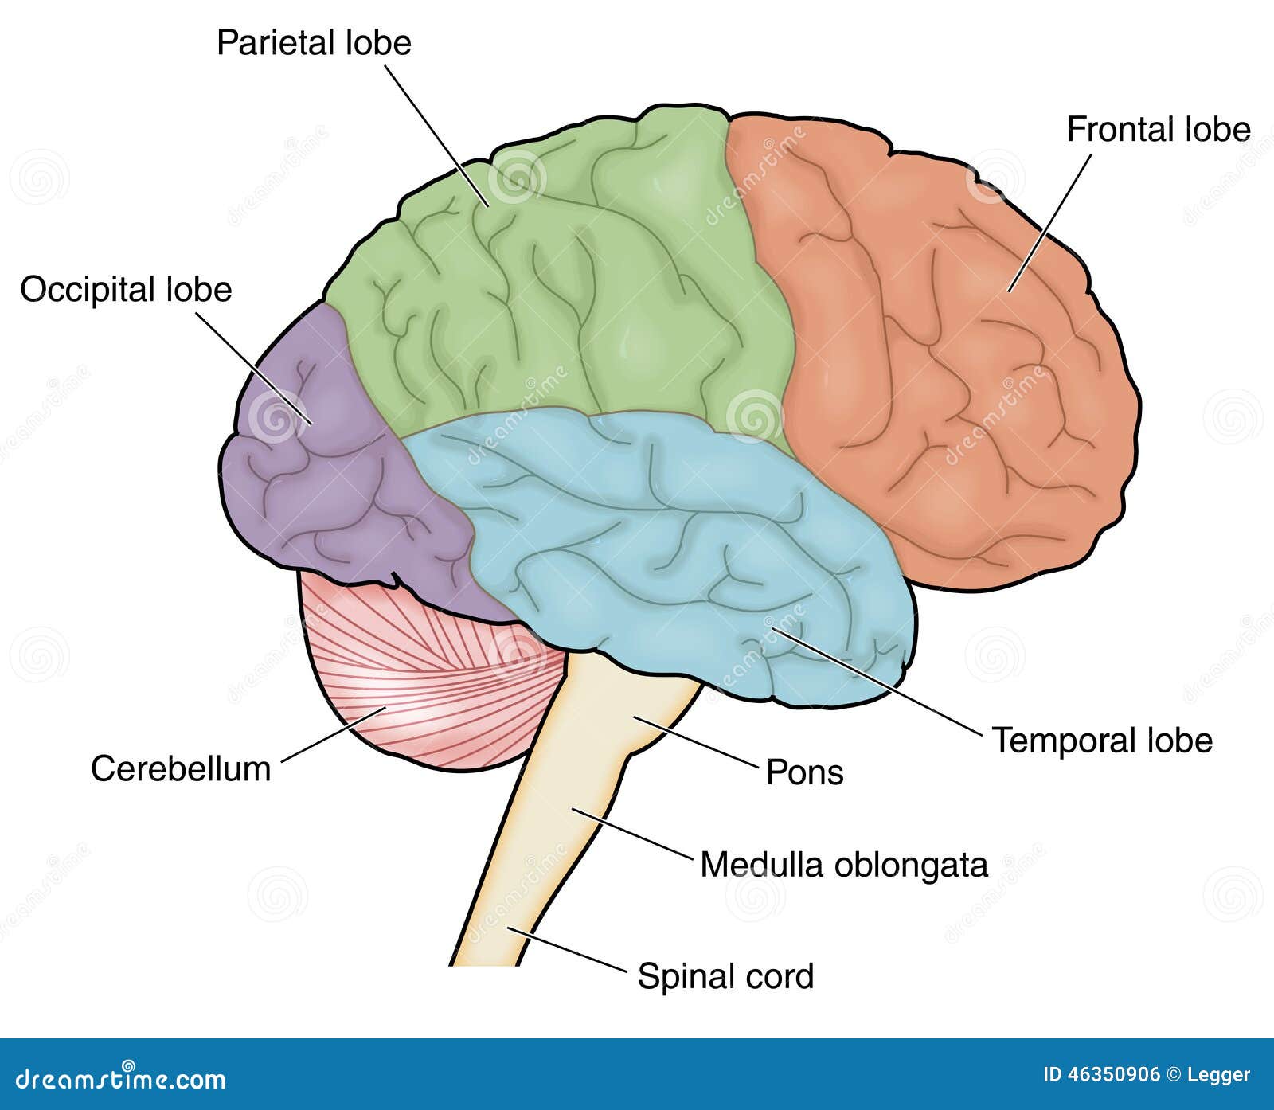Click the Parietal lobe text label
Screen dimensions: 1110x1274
click(314, 42)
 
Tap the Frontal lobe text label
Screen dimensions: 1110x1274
click(1158, 129)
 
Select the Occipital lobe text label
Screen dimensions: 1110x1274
click(126, 289)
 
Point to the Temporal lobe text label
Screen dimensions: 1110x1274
click(1101, 741)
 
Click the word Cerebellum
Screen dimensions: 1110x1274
click(181, 769)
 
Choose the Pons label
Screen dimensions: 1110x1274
click(804, 772)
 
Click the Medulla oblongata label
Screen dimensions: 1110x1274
click(843, 865)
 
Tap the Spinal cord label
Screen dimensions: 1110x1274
click(725, 976)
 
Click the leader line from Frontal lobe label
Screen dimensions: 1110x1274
click(1049, 223)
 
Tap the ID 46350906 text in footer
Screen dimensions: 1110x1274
click(1101, 1074)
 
